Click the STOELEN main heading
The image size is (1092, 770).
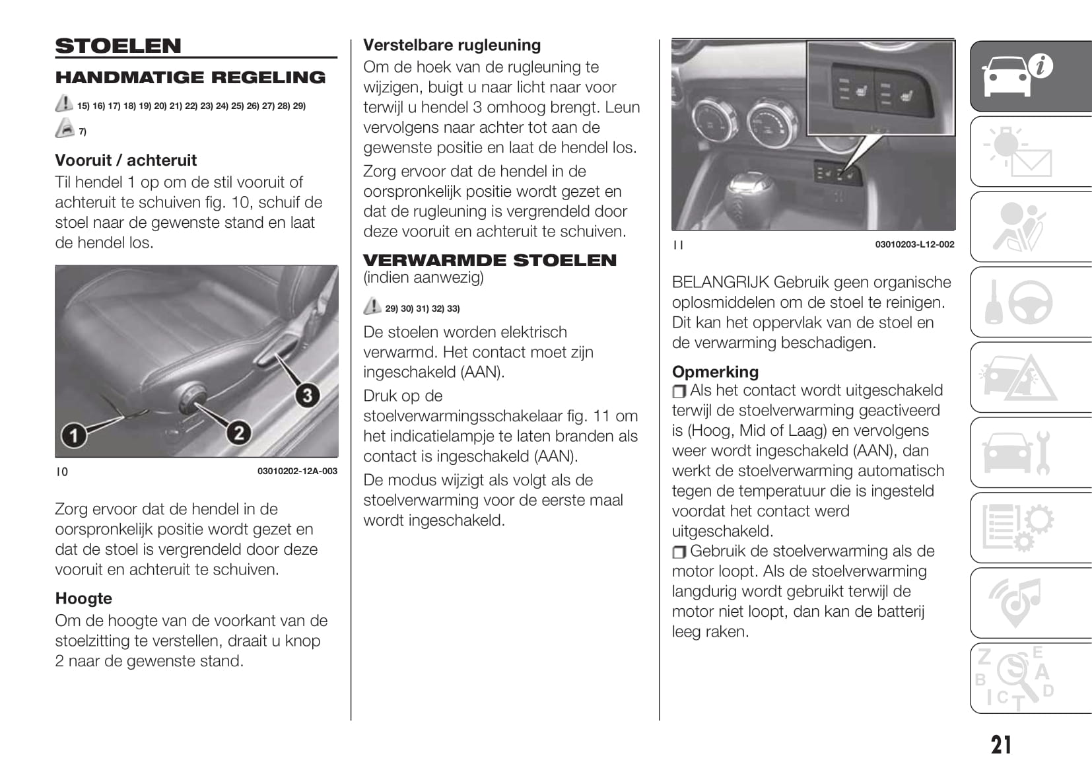(118, 46)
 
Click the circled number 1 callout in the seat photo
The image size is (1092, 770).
(74, 435)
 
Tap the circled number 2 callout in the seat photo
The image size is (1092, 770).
(238, 433)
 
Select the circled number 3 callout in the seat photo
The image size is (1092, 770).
(306, 396)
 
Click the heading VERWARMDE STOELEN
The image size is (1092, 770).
(489, 260)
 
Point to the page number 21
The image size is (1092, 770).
(1001, 745)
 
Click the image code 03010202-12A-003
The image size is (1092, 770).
(297, 472)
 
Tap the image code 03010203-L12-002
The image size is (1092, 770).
(914, 244)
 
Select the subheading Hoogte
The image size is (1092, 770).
(84, 598)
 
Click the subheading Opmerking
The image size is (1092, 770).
(715, 372)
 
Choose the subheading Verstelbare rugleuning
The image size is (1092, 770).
(452, 45)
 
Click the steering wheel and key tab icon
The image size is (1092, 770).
(1020, 302)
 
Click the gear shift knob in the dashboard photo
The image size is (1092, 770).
(751, 193)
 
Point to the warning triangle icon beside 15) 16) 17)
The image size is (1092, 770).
(64, 104)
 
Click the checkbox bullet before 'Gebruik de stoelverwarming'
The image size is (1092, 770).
(679, 552)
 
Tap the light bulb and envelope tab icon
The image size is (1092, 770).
(1017, 151)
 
